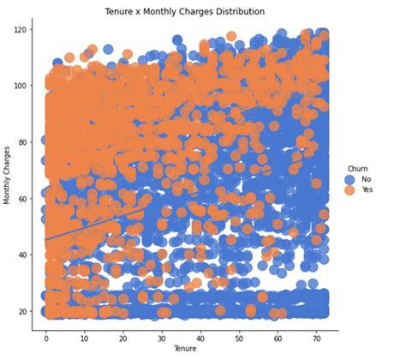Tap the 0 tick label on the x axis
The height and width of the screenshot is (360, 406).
click(x=46, y=337)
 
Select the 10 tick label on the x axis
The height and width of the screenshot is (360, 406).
click(x=84, y=337)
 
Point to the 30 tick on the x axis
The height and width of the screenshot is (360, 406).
click(x=161, y=337)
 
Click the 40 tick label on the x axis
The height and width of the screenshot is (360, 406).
click(x=200, y=337)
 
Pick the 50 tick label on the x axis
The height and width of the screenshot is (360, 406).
click(x=238, y=337)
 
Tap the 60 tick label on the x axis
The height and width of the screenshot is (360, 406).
click(x=277, y=337)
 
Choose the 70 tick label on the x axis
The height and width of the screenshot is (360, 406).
click(x=315, y=337)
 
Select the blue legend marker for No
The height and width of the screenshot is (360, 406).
click(x=349, y=179)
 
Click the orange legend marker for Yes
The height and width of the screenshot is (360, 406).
click(x=349, y=189)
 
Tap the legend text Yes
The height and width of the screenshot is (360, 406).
click(x=367, y=189)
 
